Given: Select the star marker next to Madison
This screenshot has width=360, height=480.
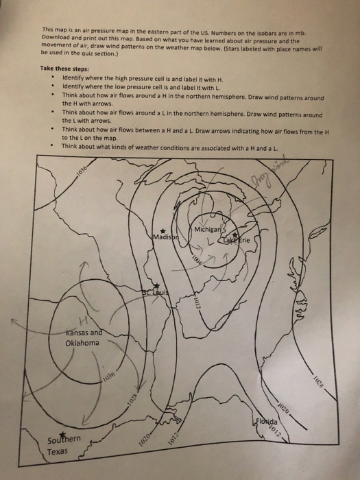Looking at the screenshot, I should (x=163, y=230).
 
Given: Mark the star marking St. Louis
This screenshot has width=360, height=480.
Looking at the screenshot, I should (x=156, y=286).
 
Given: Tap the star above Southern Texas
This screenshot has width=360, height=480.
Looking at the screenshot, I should (x=64, y=435).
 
